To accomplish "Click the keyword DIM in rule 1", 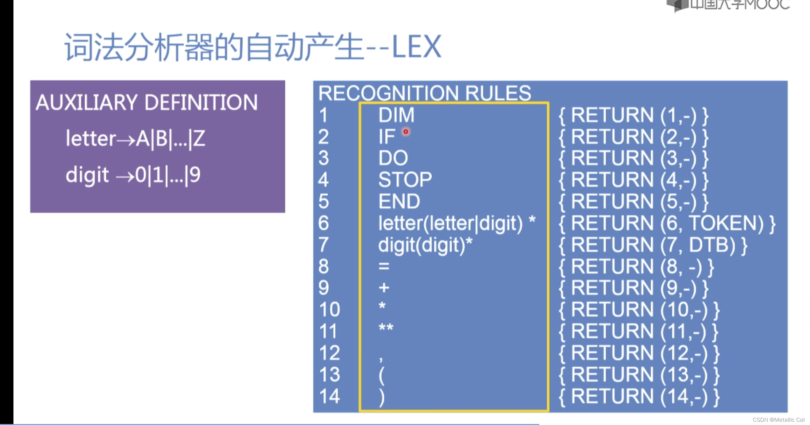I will click(396, 115).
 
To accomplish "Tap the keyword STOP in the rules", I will click(405, 180).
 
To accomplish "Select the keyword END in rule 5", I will click(399, 201).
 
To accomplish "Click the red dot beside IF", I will click(406, 132).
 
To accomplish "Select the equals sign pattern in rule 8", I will click(384, 266).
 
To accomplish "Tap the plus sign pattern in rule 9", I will click(384, 288).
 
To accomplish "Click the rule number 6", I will click(323, 223).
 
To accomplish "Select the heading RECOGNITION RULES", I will click(424, 93).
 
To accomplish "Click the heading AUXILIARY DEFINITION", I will click(147, 103).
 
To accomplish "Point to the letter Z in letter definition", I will click(199, 138).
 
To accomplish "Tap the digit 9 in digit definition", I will click(195, 175).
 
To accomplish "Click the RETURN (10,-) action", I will click(639, 310).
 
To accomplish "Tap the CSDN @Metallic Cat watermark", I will click(779, 420).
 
